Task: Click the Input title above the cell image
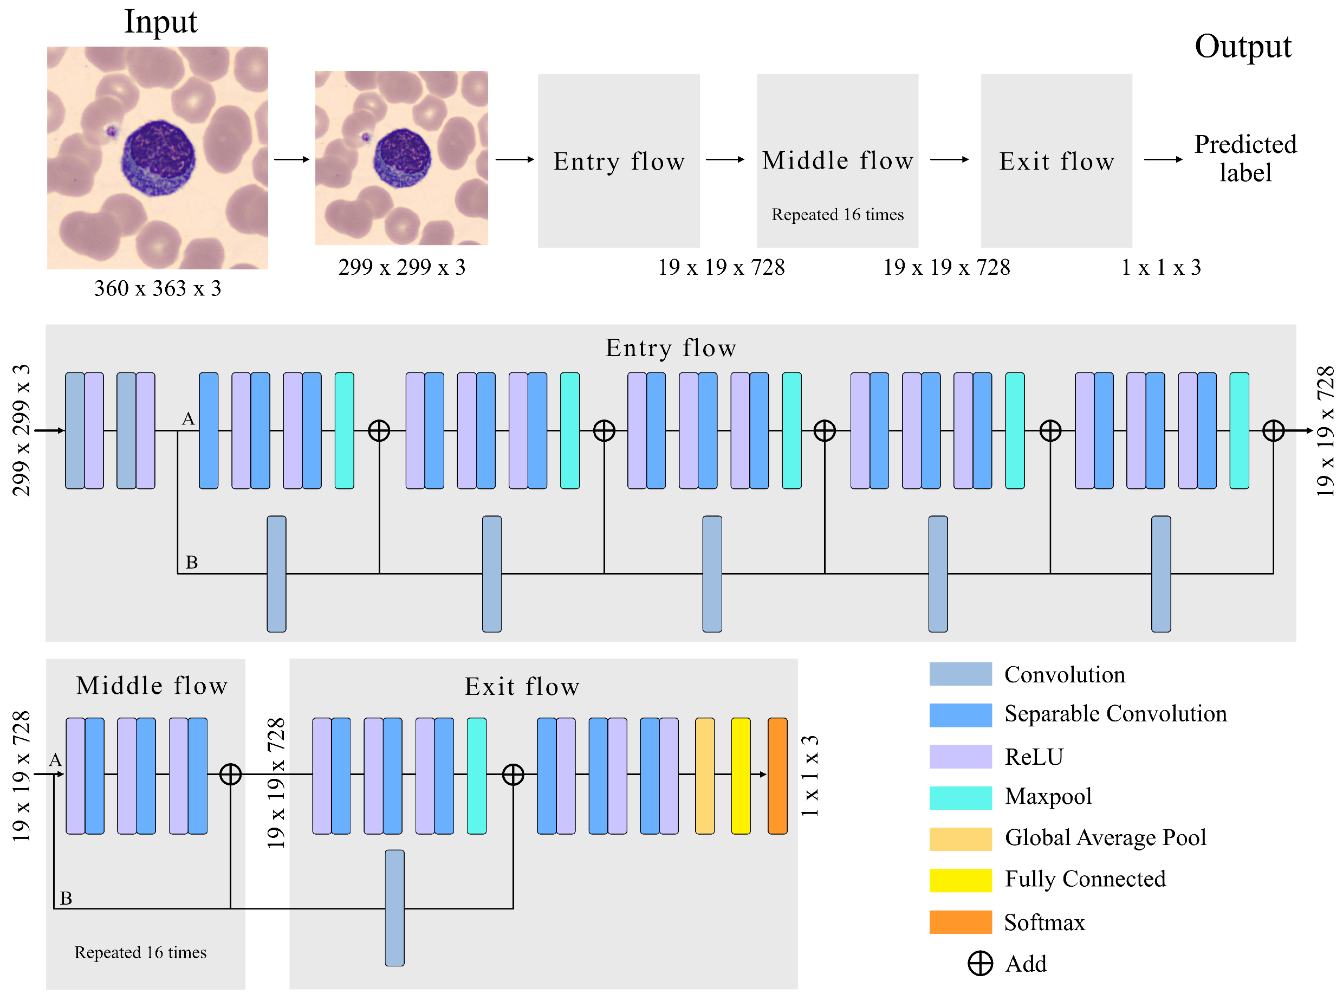(x=160, y=22)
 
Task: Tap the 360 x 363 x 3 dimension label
(x=157, y=288)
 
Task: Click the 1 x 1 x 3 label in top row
(x=1160, y=268)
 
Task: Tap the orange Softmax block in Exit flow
(x=777, y=776)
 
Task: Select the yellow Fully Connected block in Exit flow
(x=741, y=776)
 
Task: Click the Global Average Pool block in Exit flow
(x=704, y=776)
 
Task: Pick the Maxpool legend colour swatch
(x=960, y=797)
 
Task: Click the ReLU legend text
(x=1033, y=757)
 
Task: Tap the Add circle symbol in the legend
(x=979, y=963)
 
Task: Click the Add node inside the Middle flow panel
(x=230, y=774)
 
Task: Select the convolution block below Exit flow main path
(x=394, y=907)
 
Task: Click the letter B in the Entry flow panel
(x=191, y=563)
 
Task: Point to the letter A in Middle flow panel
(x=55, y=760)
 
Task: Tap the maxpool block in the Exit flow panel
(x=476, y=776)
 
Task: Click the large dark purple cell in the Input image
(x=159, y=157)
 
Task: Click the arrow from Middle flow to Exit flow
(x=949, y=160)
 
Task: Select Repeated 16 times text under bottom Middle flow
(x=140, y=952)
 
